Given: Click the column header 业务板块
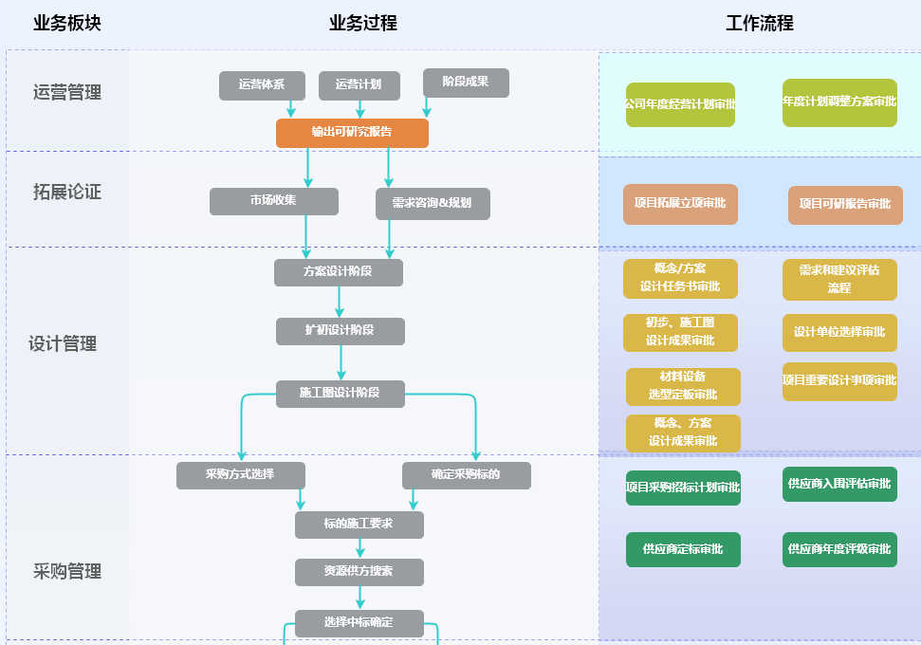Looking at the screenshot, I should tap(66, 24).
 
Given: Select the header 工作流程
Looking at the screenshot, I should tap(759, 24).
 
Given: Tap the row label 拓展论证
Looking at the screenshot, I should tap(66, 193).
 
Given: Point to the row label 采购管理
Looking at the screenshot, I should tap(66, 571).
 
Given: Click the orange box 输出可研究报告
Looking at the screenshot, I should tap(352, 133).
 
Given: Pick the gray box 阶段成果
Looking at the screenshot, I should tap(466, 83).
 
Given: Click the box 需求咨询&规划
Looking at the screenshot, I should tap(433, 203).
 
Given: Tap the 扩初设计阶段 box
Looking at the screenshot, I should tap(340, 331).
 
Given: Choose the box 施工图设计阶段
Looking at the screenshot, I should tap(340, 394).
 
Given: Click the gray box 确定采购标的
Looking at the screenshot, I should tap(466, 475).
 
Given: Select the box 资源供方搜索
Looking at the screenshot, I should tap(359, 572).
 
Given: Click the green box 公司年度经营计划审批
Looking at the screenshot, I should tap(680, 104).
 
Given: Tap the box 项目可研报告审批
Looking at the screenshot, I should tap(844, 205).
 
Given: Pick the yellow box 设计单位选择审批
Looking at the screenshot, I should tap(839, 332).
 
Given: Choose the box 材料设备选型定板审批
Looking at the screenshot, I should tap(683, 386).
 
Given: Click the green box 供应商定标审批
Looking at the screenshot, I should tap(683, 549).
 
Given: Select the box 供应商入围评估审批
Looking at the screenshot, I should tap(839, 485).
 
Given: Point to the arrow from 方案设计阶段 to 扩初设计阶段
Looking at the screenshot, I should tap(340, 302).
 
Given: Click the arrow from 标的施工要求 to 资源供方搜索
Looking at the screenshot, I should tap(359, 548).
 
